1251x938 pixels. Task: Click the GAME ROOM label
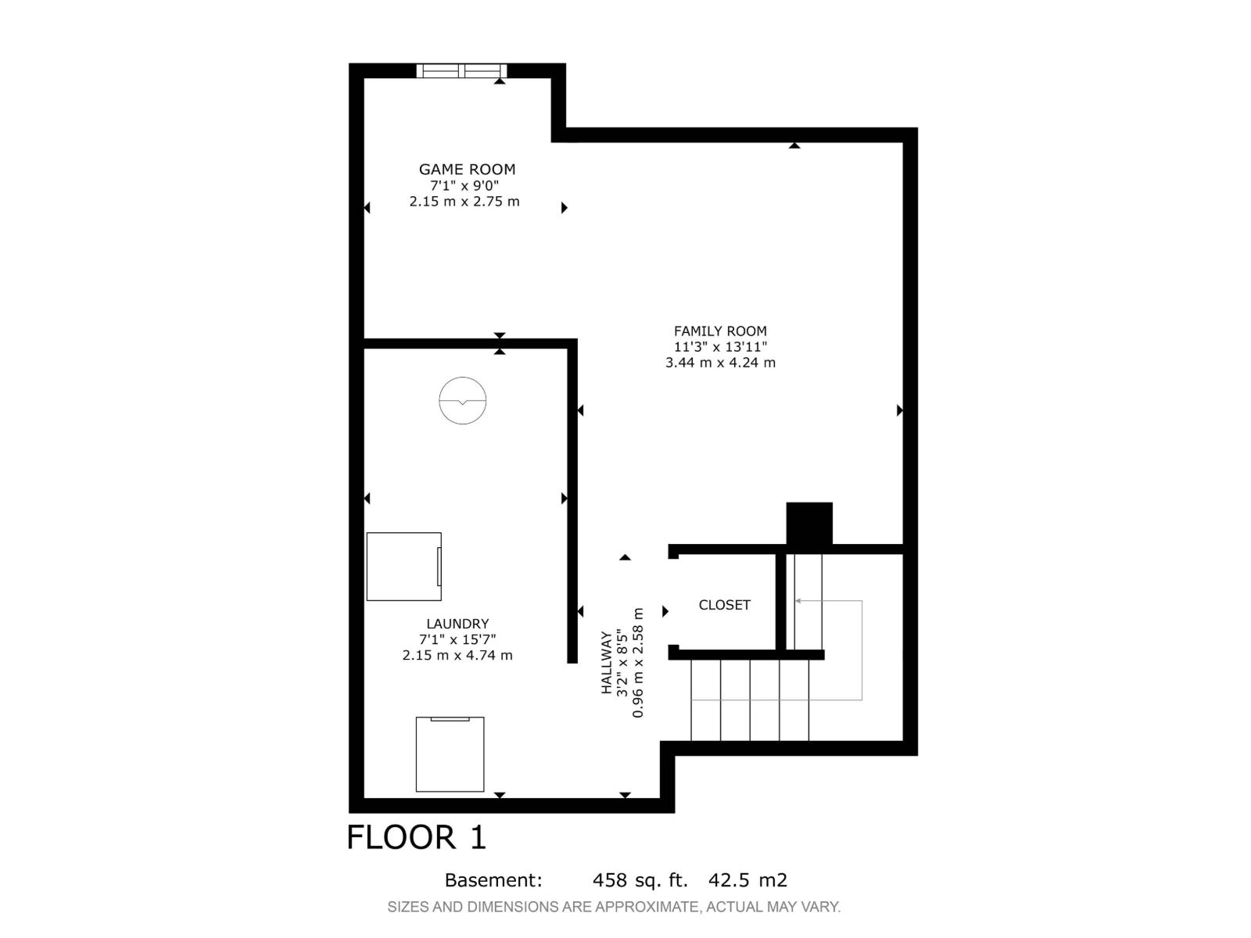tap(467, 169)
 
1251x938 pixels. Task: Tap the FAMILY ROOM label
tap(720, 331)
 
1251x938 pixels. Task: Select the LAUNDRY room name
tap(457, 624)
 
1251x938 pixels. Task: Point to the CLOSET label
tap(724, 605)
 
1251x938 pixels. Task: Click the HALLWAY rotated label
tap(607, 662)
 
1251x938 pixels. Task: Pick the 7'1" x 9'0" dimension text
tap(464, 185)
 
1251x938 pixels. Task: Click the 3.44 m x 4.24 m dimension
tap(720, 362)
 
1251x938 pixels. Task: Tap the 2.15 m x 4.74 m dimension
tap(457, 655)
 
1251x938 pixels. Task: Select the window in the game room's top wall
tap(461, 70)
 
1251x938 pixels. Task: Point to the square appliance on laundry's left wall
tap(403, 566)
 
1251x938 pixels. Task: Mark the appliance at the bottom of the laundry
tap(450, 754)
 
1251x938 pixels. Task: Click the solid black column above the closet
tap(808, 523)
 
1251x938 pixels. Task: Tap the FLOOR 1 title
tap(417, 837)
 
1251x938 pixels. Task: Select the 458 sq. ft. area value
tap(640, 880)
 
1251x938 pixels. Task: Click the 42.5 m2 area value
tap(747, 880)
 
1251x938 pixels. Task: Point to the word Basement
tap(493, 880)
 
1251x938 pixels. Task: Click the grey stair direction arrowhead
tap(798, 601)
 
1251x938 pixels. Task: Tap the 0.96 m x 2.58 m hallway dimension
tap(638, 662)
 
